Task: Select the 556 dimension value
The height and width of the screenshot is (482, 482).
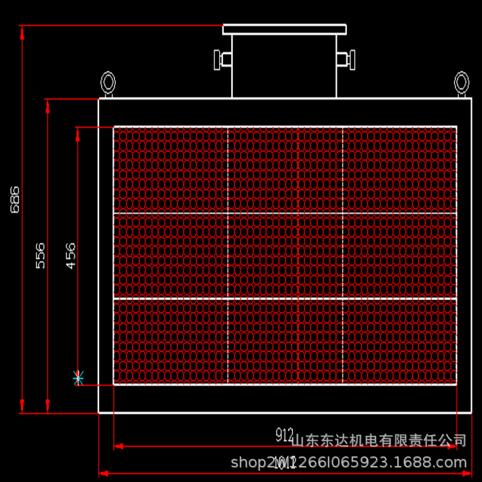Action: click(x=40, y=255)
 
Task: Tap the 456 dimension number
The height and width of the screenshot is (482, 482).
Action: click(x=70, y=255)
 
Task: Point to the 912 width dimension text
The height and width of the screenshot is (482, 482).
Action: click(x=285, y=436)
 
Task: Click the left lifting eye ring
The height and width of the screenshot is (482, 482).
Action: click(x=108, y=82)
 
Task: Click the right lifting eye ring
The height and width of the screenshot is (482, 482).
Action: click(x=461, y=82)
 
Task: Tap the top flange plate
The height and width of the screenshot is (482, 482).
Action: click(x=284, y=30)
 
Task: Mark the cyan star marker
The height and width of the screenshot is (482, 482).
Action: click(x=78, y=377)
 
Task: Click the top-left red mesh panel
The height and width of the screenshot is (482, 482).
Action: click(x=171, y=170)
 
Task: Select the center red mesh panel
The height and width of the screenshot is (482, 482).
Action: click(x=285, y=255)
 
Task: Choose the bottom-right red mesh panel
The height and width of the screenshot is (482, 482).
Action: click(x=400, y=341)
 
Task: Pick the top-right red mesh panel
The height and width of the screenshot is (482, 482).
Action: click(x=400, y=170)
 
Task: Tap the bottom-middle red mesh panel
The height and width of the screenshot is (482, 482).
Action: click(x=285, y=341)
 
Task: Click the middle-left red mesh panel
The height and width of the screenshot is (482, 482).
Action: click(x=171, y=255)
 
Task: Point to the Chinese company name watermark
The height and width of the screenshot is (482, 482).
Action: click(x=379, y=441)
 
